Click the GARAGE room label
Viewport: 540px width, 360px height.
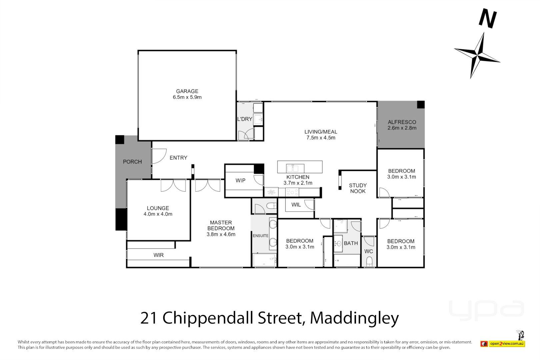click(x=187, y=91)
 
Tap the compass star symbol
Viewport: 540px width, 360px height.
click(x=477, y=55)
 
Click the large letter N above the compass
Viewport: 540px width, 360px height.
click(x=488, y=19)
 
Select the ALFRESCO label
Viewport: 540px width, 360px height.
click(x=402, y=122)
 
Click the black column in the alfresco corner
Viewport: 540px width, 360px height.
click(x=421, y=105)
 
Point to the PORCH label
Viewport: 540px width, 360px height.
click(x=132, y=162)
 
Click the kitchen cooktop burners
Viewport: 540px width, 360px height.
click(x=292, y=192)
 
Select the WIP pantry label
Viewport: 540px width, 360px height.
click(x=240, y=180)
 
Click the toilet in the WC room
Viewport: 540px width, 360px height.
click(x=369, y=262)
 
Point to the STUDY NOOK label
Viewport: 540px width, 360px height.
click(x=358, y=188)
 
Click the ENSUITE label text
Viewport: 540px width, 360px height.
click(x=260, y=236)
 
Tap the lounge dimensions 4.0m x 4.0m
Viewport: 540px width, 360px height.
click(x=158, y=214)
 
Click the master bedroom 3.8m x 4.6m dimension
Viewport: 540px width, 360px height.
click(x=221, y=234)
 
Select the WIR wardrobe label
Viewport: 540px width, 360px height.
click(x=159, y=255)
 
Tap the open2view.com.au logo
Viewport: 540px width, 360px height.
click(x=507, y=343)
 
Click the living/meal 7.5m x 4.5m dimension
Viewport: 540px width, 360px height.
click(x=321, y=138)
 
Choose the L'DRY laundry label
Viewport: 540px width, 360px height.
click(x=245, y=119)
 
